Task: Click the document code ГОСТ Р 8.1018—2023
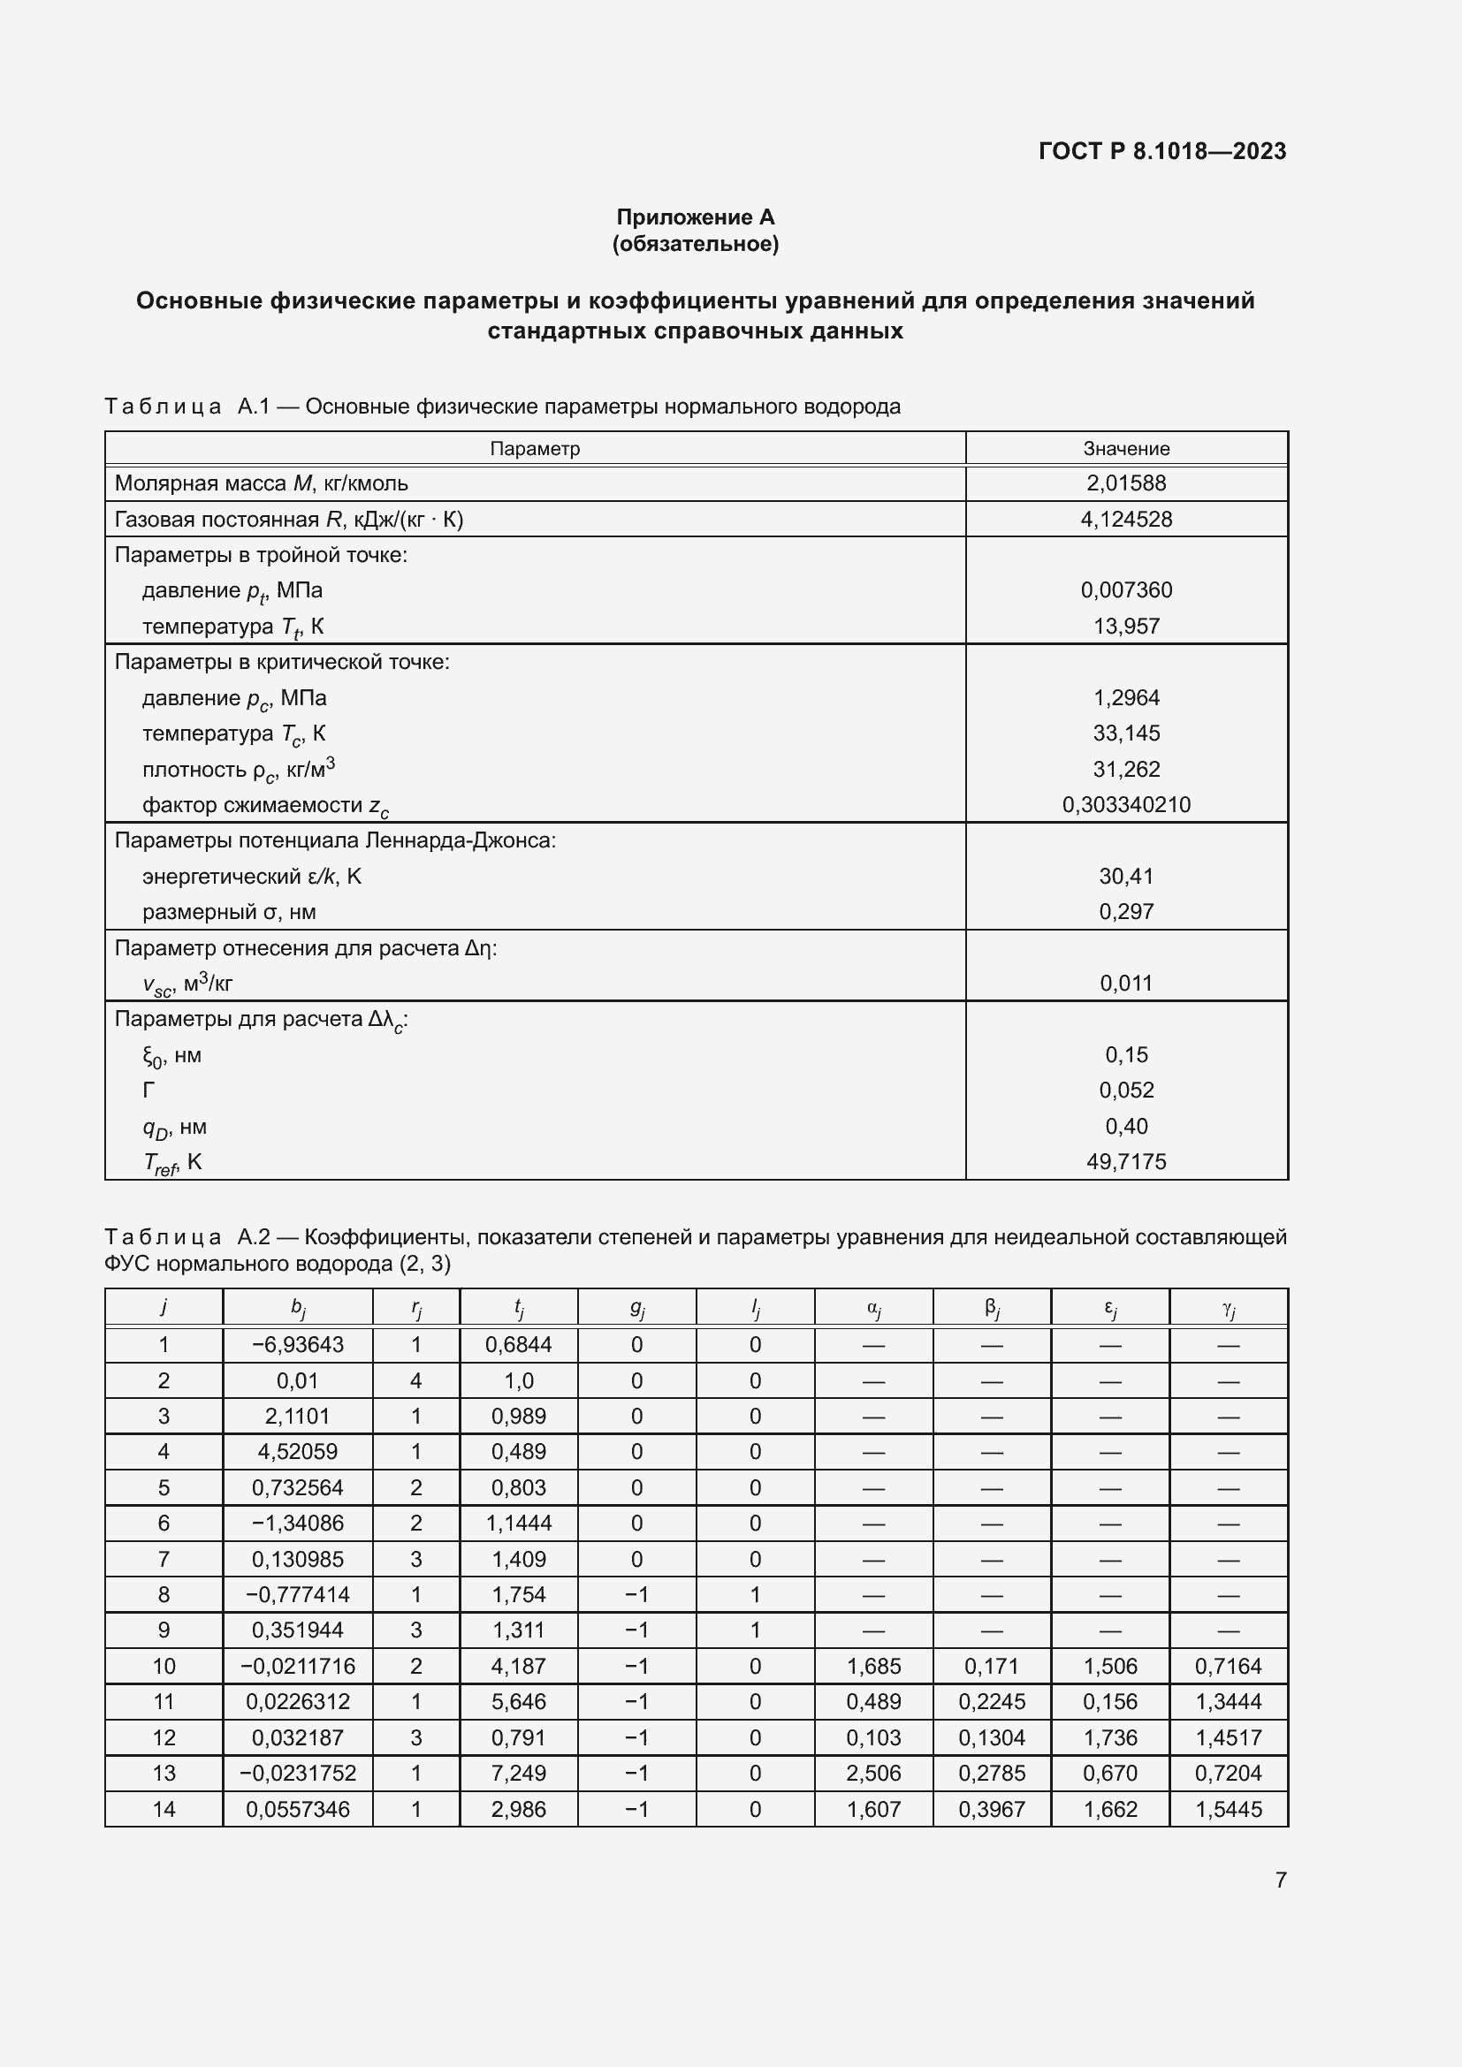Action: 1161,151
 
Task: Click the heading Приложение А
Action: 695,217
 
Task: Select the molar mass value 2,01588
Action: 1125,483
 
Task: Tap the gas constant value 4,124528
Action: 1125,520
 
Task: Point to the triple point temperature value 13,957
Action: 1125,627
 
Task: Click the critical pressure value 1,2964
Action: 1125,698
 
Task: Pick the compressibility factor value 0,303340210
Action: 1125,805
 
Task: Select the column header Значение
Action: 1125,448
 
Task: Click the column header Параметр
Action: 535,448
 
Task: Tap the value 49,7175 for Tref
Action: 1125,1161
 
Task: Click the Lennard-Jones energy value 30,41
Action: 1125,876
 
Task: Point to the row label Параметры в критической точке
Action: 282,663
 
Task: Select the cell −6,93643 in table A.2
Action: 297,1345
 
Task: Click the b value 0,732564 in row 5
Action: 297,1488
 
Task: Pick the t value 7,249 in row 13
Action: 519,1774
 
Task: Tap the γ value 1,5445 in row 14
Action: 1228,1810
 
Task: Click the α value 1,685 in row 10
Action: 873,1667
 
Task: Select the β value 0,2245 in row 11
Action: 991,1701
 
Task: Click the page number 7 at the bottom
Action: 1280,1880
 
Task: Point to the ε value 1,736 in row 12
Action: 1110,1737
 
